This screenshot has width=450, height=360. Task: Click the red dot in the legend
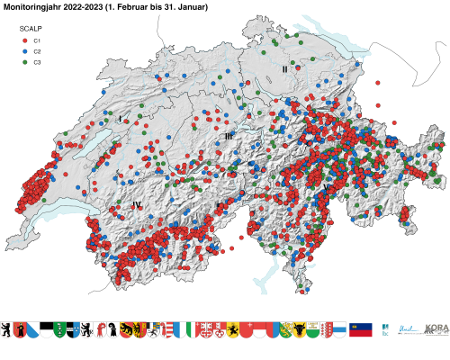click(x=24, y=41)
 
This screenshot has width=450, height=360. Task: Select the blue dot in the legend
click(x=24, y=52)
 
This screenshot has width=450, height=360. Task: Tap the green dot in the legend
click(x=24, y=63)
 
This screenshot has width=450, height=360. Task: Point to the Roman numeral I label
click(x=119, y=119)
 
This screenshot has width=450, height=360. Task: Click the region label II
click(x=284, y=68)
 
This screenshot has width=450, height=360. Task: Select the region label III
click(x=229, y=136)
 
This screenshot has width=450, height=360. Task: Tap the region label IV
click(x=137, y=205)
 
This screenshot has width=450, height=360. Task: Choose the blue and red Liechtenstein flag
click(x=361, y=330)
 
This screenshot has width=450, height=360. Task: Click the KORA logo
click(x=436, y=330)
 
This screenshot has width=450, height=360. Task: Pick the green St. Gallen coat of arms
click(x=60, y=330)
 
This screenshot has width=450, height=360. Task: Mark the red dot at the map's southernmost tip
click(x=303, y=290)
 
